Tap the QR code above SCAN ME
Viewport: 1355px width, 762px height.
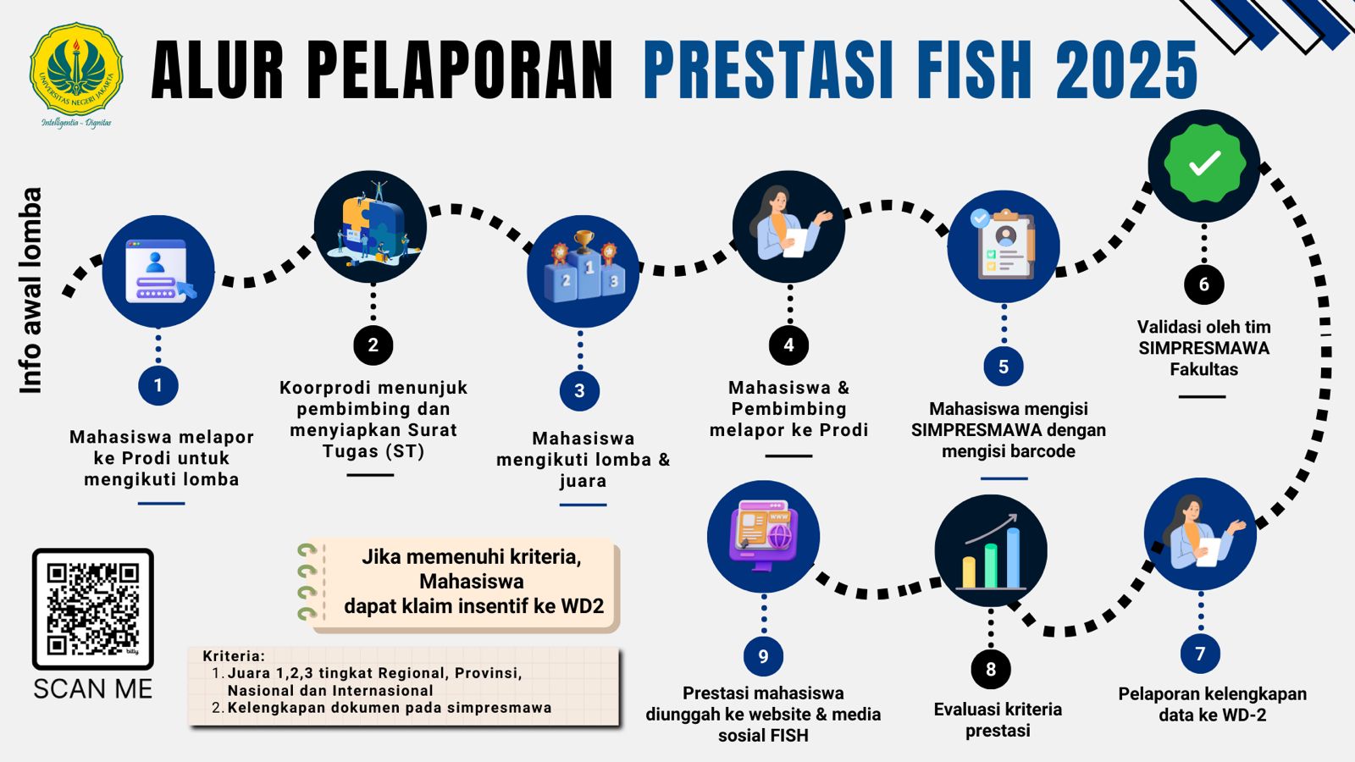pyautogui.click(x=92, y=609)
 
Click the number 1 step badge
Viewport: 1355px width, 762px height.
pyautogui.click(x=158, y=385)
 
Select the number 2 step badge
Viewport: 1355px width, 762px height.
pyautogui.click(x=373, y=345)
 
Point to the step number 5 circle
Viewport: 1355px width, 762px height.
pyautogui.click(x=1004, y=366)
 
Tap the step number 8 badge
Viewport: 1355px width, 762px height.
pyautogui.click(x=991, y=669)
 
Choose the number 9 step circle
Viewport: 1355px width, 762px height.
pyautogui.click(x=763, y=656)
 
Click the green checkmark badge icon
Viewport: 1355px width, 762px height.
pyautogui.click(x=1204, y=164)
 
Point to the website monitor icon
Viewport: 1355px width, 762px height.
pyautogui.click(x=764, y=535)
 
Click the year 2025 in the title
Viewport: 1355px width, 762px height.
pyautogui.click(x=1126, y=70)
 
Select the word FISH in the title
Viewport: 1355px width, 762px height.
pyautogui.click(x=975, y=70)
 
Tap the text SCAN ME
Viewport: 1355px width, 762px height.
pyautogui.click(x=93, y=689)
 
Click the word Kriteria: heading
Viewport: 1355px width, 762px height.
pyautogui.click(x=234, y=656)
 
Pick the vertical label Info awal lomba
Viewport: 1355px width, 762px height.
pyautogui.click(x=30, y=291)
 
